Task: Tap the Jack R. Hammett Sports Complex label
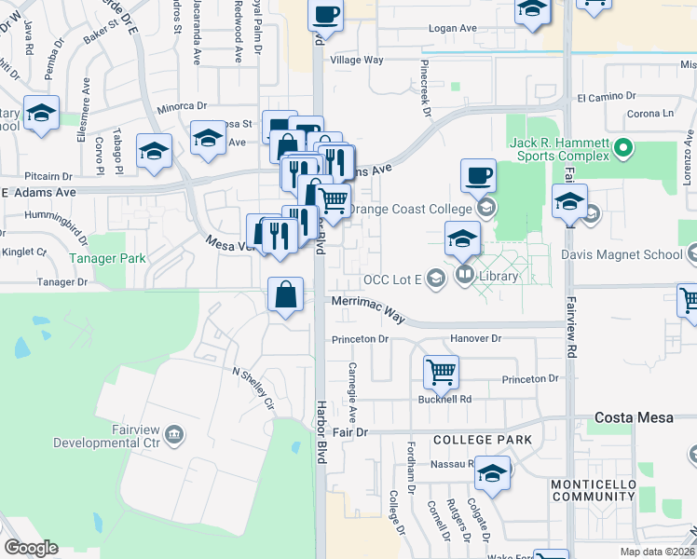pyautogui.click(x=559, y=154)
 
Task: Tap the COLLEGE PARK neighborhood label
pyautogui.click(x=482, y=439)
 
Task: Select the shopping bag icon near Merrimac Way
pyautogui.click(x=285, y=295)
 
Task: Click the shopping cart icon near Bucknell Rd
pyautogui.click(x=441, y=372)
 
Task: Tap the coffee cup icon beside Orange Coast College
pyautogui.click(x=479, y=174)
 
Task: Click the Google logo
pyautogui.click(x=31, y=548)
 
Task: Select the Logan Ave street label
pyautogui.click(x=452, y=29)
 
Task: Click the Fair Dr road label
pyautogui.click(x=350, y=433)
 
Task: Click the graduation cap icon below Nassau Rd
pyautogui.click(x=493, y=474)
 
